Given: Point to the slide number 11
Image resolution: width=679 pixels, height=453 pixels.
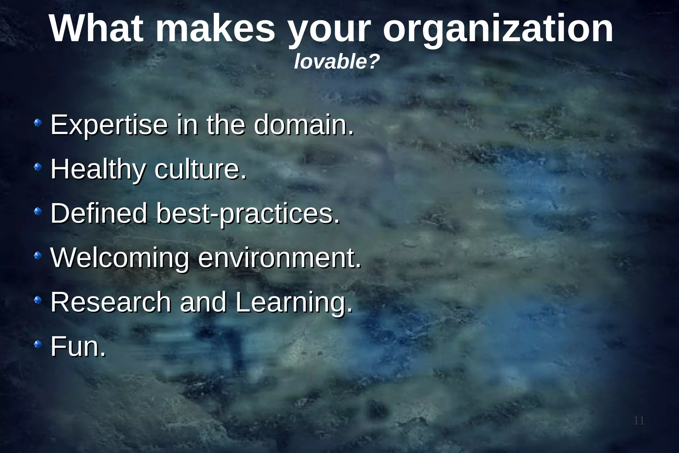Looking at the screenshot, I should pos(639,421).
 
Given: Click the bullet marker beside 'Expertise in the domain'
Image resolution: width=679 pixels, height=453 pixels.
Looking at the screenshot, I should pos(38,123).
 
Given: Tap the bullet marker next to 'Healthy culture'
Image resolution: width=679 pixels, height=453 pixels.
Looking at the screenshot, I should pos(38,168).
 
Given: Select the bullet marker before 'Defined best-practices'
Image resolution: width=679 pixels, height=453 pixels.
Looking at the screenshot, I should pos(38,211).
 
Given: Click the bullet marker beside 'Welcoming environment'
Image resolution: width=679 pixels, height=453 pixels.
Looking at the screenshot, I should pos(38,256).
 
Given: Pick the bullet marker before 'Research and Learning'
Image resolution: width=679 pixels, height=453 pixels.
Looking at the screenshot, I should pos(38,300).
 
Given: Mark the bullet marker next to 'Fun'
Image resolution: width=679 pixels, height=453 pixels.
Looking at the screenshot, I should pos(38,344).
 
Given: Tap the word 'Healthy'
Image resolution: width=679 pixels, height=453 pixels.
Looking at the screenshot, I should pos(98,170).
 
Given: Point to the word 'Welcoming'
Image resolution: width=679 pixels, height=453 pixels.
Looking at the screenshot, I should pos(120,258).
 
